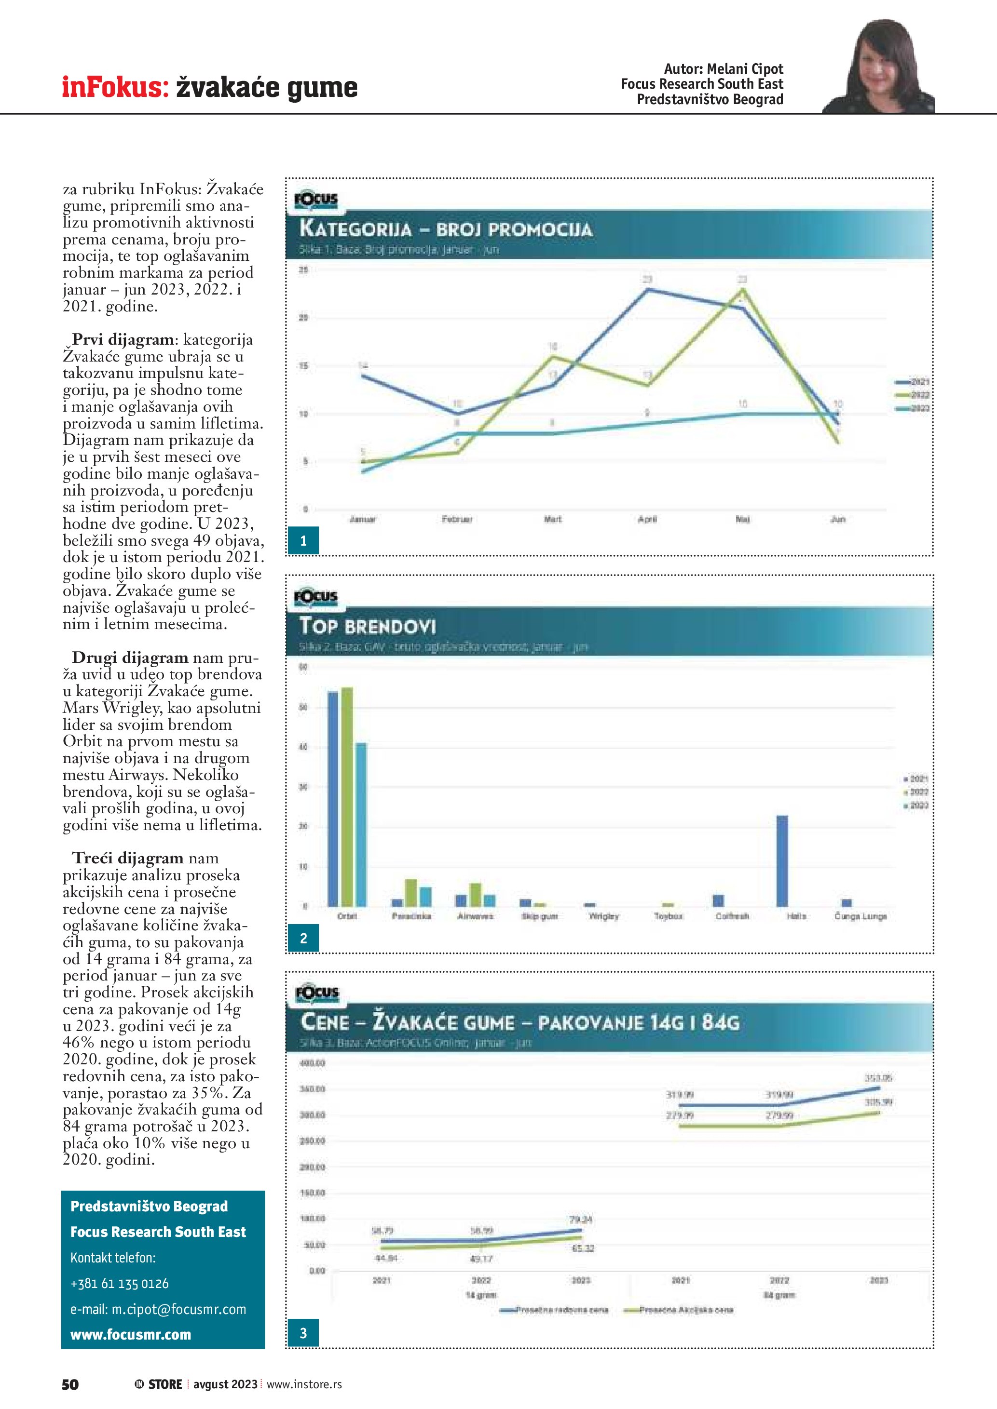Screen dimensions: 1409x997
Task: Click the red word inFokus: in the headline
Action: coord(115,87)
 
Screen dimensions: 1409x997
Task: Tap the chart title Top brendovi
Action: coord(367,626)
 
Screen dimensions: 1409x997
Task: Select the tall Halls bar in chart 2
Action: coord(782,860)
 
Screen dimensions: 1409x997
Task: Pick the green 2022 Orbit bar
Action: coord(347,796)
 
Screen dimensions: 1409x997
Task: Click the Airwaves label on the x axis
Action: coord(475,916)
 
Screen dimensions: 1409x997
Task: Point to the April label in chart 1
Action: coord(647,519)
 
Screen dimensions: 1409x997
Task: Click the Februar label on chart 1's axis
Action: coord(457,519)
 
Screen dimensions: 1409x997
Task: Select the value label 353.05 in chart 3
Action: coord(878,1078)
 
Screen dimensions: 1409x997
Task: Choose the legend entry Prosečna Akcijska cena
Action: coord(686,1310)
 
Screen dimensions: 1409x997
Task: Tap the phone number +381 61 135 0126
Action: coord(119,1283)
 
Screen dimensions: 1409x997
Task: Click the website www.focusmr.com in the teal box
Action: coord(131,1335)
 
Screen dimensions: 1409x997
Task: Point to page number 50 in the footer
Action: coord(70,1384)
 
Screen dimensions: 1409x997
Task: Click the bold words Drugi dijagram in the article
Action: coord(130,657)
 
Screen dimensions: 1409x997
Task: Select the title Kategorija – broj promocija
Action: coord(445,229)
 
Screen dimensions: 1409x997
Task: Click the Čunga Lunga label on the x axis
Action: coord(860,916)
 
